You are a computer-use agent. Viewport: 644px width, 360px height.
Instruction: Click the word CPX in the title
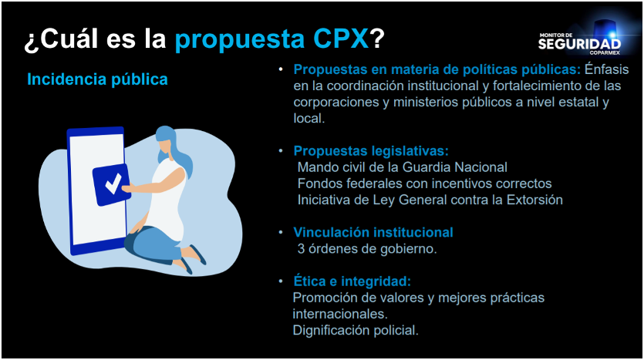coord(340,39)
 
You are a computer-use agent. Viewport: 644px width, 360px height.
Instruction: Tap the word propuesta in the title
coord(240,40)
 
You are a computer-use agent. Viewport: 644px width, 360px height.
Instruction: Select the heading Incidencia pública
coord(97,79)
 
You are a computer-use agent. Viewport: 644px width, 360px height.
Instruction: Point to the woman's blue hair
coord(174,149)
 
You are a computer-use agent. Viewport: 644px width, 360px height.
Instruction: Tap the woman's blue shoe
coord(198,254)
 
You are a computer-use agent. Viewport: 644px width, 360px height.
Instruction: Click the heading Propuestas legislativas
coord(371,151)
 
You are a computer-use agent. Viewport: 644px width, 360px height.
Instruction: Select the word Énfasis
coord(607,69)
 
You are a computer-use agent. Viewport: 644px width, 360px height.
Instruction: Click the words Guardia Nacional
coord(455,167)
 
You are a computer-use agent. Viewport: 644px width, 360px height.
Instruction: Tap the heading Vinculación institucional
coord(373,232)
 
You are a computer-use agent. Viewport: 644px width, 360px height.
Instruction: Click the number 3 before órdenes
coord(301,249)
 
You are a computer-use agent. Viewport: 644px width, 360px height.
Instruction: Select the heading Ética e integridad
coord(352,281)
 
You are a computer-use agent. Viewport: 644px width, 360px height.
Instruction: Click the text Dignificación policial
coord(356,330)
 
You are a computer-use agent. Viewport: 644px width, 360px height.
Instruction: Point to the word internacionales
coord(340,314)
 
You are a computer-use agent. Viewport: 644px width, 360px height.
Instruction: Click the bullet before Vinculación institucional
coord(281,233)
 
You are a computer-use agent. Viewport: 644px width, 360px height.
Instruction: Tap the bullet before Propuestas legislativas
coord(281,151)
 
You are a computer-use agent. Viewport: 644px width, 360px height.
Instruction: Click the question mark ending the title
coord(376,39)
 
